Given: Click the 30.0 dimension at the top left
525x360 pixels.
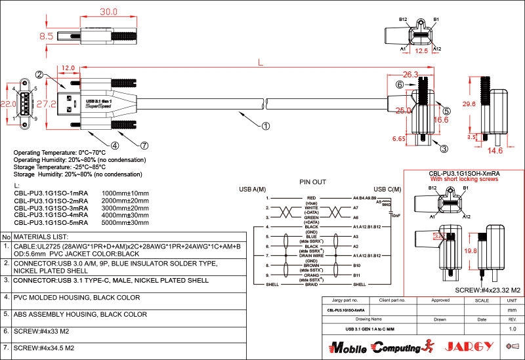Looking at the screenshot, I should [108, 12].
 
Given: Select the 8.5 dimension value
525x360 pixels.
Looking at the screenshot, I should [47, 37].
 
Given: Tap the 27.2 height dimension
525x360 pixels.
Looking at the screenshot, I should [46, 104].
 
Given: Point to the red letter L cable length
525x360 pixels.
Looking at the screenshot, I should [261, 63].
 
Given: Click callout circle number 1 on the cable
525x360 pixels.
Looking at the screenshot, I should [266, 125].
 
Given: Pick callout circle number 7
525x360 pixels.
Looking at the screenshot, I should [144, 145].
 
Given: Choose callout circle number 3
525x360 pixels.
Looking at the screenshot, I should [444, 149].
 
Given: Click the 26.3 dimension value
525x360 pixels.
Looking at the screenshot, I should [411, 74].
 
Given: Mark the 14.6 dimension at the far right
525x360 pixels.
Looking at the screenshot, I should [495, 151].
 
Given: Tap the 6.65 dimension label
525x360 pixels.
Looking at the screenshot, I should [398, 139].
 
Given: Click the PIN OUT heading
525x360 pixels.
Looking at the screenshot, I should [312, 182].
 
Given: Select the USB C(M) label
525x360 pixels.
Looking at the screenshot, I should [387, 189].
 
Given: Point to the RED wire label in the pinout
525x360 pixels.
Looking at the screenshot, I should [311, 197].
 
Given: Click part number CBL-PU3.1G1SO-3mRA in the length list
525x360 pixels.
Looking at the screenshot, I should [51, 208].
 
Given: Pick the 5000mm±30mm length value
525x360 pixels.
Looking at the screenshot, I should [125, 222].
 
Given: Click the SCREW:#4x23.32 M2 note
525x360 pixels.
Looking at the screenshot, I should [488, 290].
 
